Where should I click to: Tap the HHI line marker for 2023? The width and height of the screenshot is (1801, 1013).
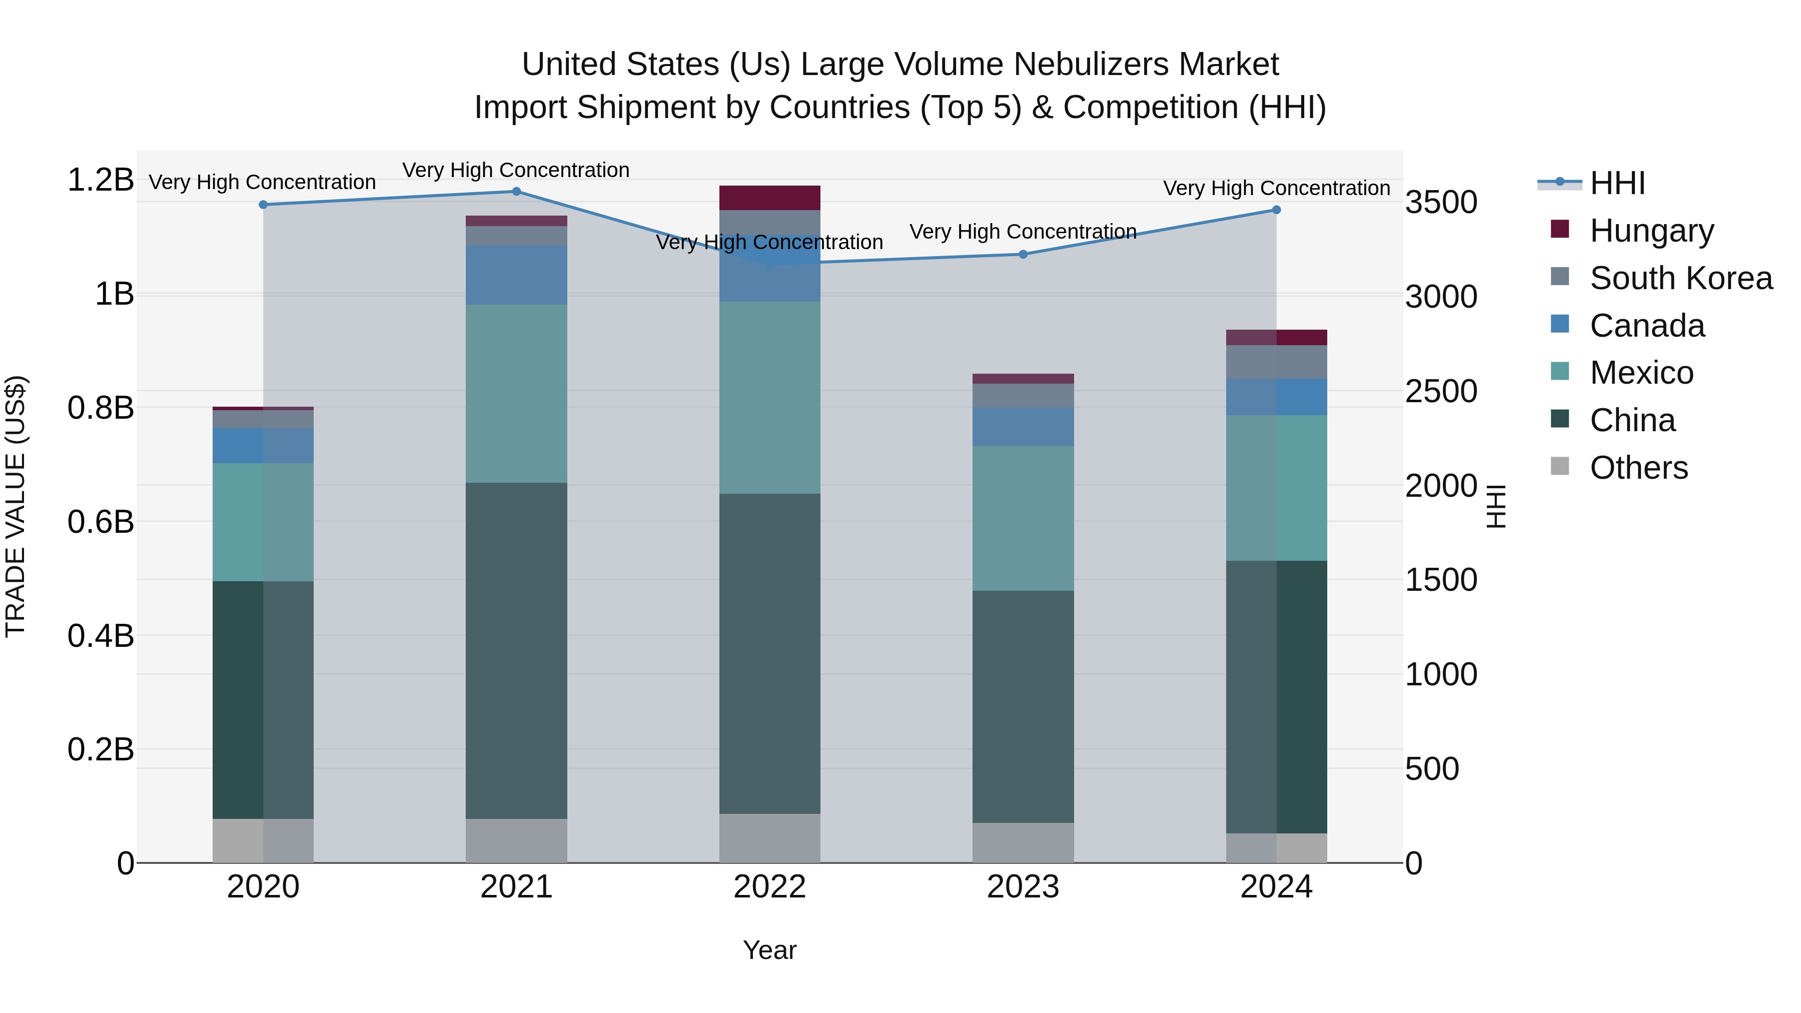(x=1023, y=255)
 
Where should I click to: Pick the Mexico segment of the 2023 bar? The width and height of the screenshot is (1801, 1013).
(x=1023, y=518)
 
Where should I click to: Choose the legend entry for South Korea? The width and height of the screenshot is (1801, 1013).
(x=1681, y=278)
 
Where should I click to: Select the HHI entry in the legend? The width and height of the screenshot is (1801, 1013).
(x=1617, y=184)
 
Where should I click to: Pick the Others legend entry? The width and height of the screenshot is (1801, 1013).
(x=1638, y=468)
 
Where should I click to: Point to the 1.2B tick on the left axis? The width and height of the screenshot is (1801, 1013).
(x=101, y=181)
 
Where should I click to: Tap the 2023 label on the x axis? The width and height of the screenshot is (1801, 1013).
(x=1023, y=887)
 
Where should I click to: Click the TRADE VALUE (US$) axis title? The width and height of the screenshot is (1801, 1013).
(x=16, y=506)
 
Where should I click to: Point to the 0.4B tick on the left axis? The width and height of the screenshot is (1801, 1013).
(x=101, y=636)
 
